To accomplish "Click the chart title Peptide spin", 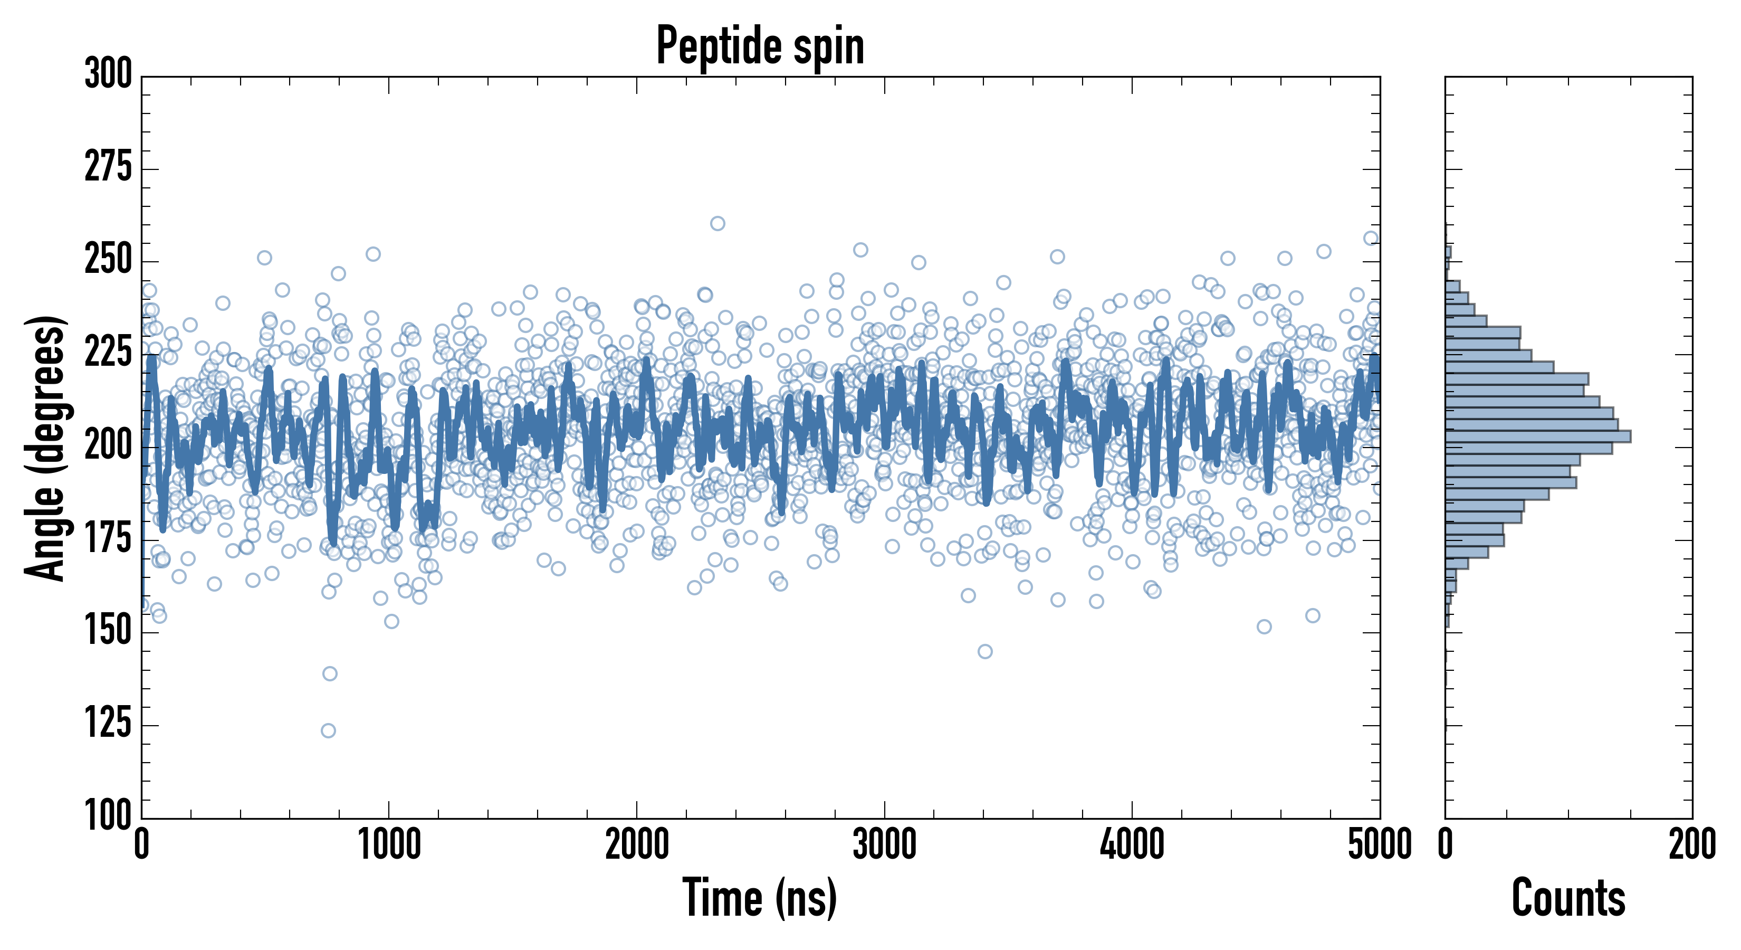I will click(760, 46).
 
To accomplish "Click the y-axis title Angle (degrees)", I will click(45, 448).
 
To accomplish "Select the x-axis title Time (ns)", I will click(760, 898).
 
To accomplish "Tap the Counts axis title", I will click(1568, 898).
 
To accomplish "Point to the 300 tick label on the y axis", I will click(108, 74).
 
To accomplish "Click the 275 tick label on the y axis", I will click(108, 167).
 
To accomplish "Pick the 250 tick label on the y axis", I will click(108, 260).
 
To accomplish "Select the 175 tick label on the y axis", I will click(108, 538).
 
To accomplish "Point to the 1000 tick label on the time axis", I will click(389, 845).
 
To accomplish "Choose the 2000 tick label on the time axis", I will click(637, 845).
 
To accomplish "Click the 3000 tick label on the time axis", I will click(884, 845).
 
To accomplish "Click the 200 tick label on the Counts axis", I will click(1691, 845).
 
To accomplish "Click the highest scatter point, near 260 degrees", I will click(718, 223).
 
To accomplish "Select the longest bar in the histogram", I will click(1537, 436).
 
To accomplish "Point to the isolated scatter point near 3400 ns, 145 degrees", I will click(984, 651).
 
